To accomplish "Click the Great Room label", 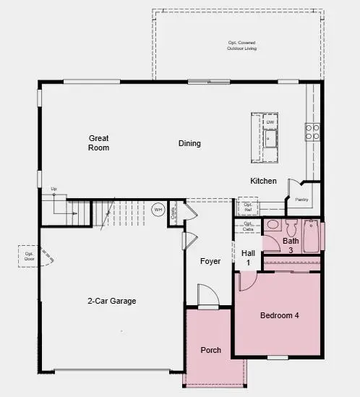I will pos(99,142).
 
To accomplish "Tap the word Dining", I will pos(189,143).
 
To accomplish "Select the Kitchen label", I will pos(263,181).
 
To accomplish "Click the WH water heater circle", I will pos(158,210).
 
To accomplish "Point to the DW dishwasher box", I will pos(270,122).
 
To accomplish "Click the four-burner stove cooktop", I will pos(312,132).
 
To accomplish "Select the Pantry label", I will pos(301,200).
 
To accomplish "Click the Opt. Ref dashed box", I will pos(248,207).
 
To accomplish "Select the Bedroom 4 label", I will pos(279,315).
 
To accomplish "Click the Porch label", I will pos(210,350).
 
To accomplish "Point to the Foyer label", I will pos(210,261).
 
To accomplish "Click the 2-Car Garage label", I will pos(112,301).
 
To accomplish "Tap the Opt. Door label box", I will pos(30,255).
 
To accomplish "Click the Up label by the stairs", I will pos(53,189).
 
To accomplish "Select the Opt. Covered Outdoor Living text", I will pos(241,46).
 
